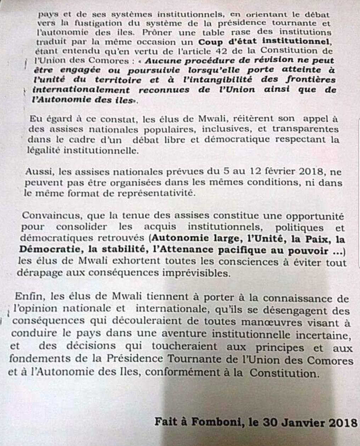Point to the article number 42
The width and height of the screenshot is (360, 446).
coord(212,51)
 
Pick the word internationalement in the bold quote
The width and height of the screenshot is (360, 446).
coord(81,90)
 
